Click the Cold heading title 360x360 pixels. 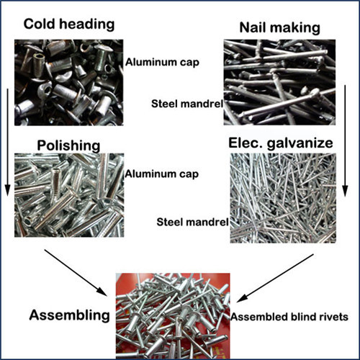click(69, 24)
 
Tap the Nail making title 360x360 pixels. click(280, 28)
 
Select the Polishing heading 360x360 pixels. click(68, 145)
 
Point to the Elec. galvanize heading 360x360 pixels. click(281, 143)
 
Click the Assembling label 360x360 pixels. click(70, 315)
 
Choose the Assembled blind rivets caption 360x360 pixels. click(289, 317)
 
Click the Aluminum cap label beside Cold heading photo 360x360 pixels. click(162, 63)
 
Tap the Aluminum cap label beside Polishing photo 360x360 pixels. click(162, 174)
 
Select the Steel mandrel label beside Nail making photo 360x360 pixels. click(187, 104)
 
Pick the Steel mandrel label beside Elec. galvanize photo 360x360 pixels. click(192, 222)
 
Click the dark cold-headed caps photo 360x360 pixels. click(69, 83)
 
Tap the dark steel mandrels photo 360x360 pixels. click(279, 82)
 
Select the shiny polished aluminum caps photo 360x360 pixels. click(69, 195)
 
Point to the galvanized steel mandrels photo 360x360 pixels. click(283, 198)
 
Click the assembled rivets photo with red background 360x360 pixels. click(173, 316)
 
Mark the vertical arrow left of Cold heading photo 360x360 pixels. click(7, 143)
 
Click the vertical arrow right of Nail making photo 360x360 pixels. click(345, 141)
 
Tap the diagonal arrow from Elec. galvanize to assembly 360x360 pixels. click(275, 278)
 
